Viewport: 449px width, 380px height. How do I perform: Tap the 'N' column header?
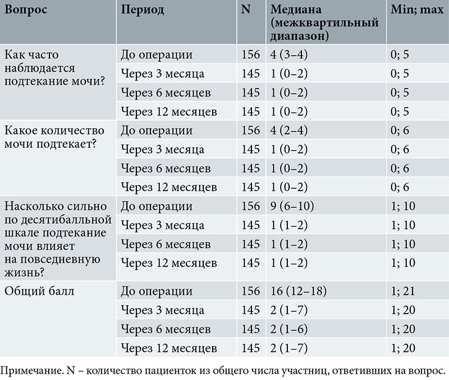pyautogui.click(x=245, y=11)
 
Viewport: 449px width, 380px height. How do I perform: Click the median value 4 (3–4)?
pyautogui.click(x=290, y=55)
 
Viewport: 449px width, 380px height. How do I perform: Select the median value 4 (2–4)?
pyautogui.click(x=290, y=131)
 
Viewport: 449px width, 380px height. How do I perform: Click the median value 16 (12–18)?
pyautogui.click(x=298, y=292)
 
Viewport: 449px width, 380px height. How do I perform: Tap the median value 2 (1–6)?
pyautogui.click(x=290, y=329)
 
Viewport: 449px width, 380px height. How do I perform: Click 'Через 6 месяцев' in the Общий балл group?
pyautogui.click(x=166, y=329)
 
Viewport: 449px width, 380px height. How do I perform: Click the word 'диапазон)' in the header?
pyautogui.click(x=300, y=36)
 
